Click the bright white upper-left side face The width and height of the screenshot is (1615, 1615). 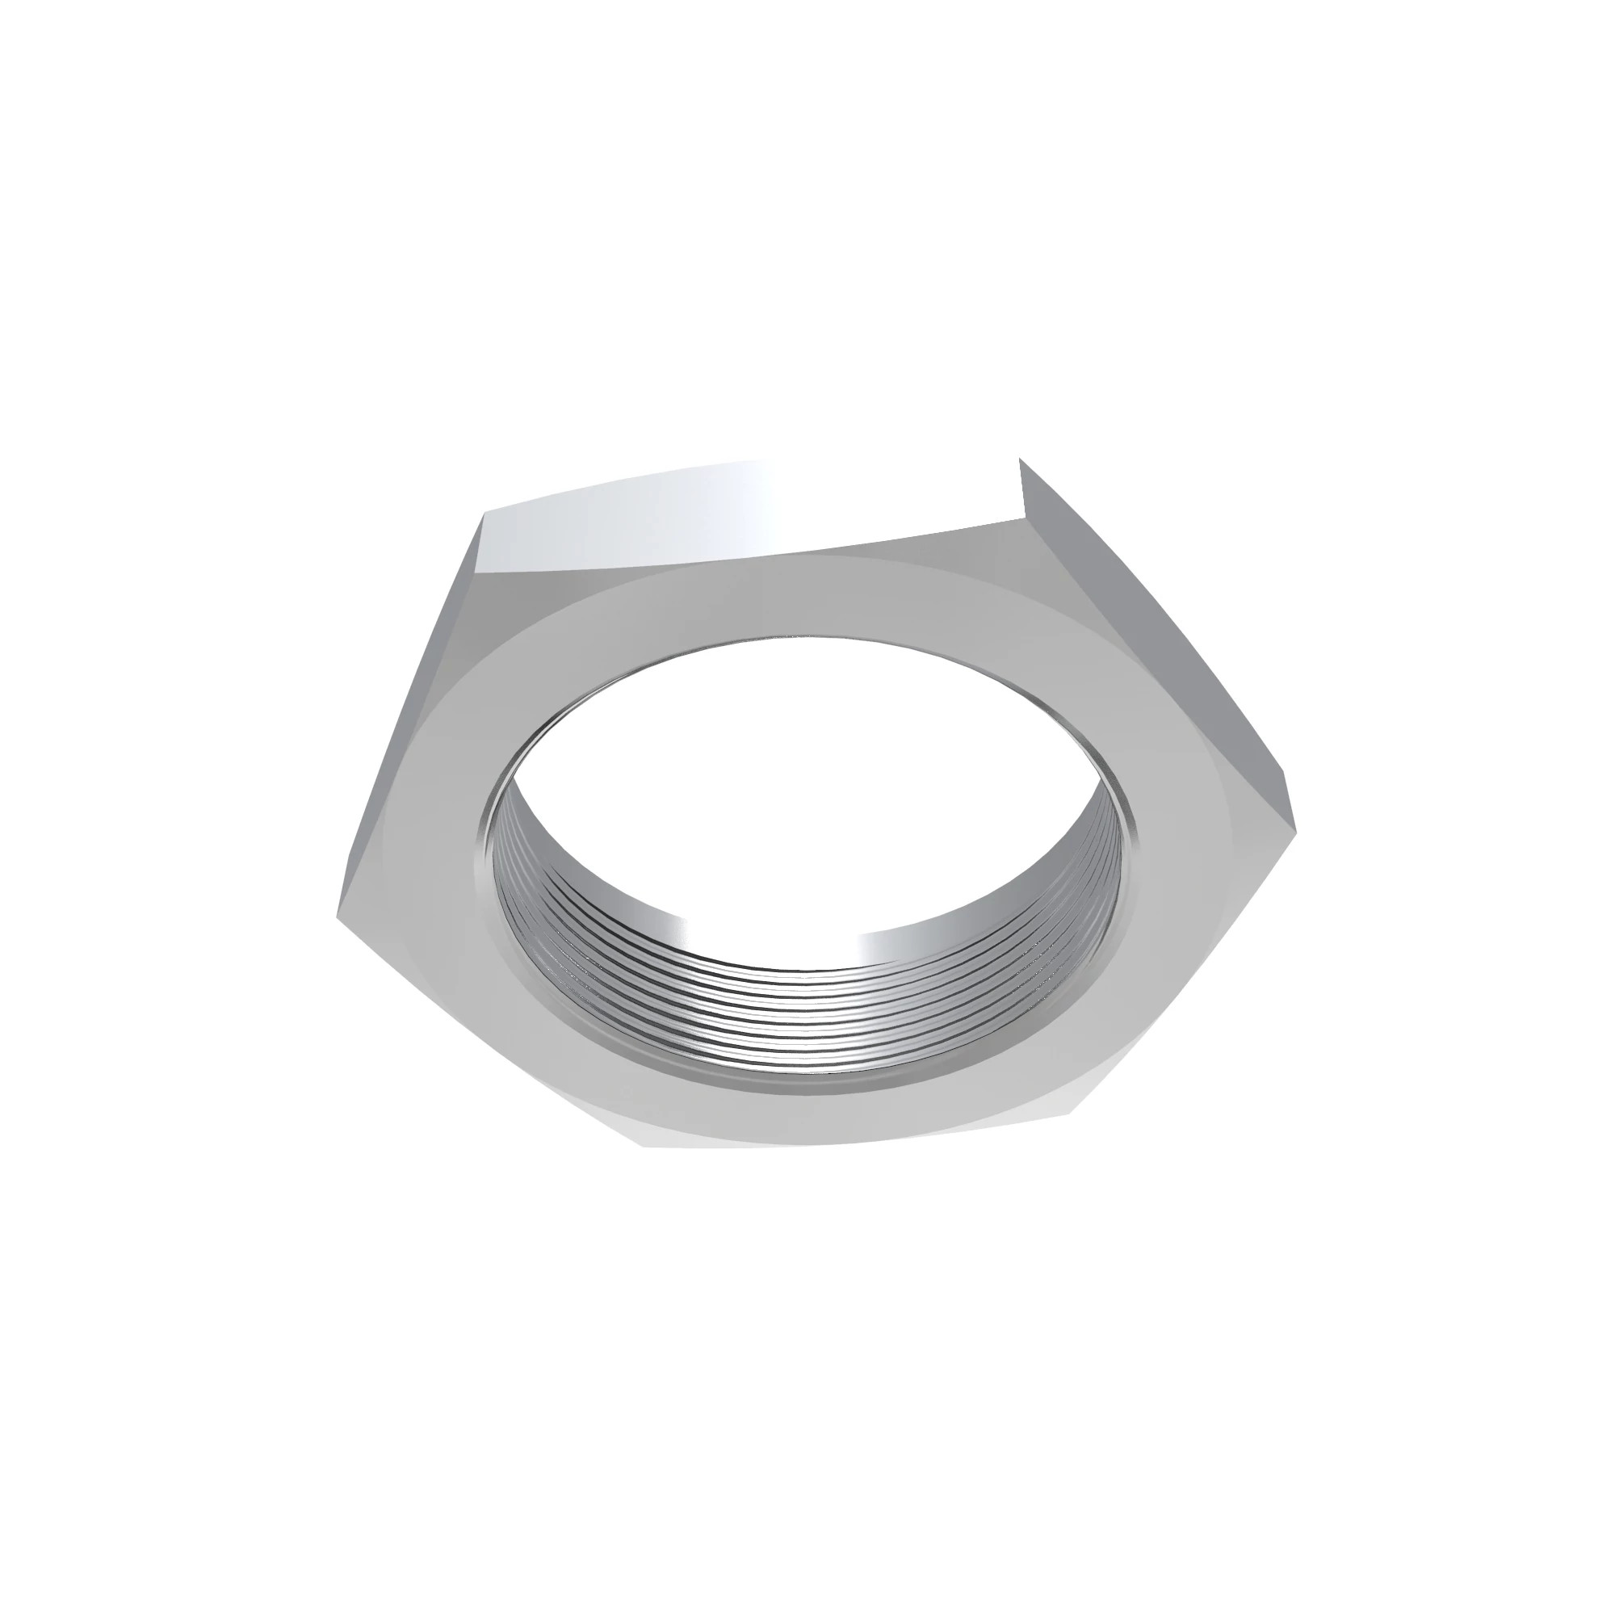(669, 514)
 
